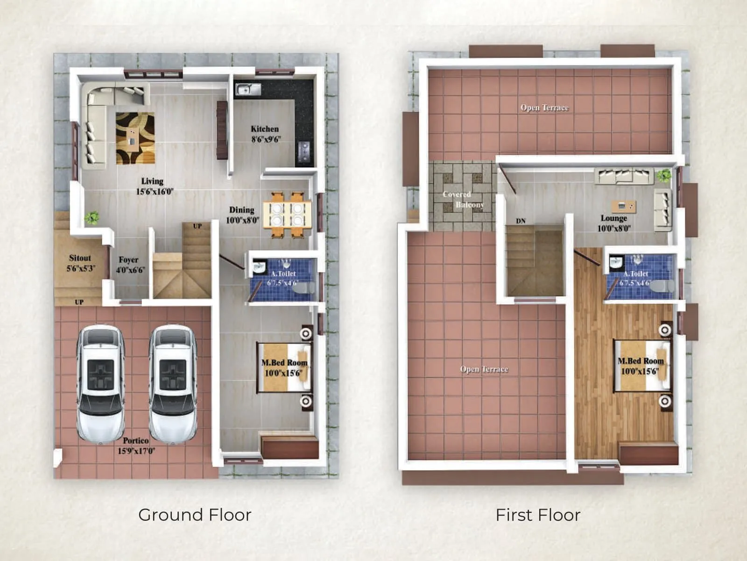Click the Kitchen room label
click(x=264, y=129)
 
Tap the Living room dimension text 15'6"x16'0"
click(x=155, y=192)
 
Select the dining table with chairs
click(x=287, y=215)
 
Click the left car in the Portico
click(x=100, y=383)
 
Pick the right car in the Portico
click(x=173, y=383)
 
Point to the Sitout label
click(x=80, y=258)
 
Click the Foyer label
click(x=128, y=260)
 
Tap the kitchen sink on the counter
click(x=248, y=89)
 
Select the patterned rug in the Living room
click(x=135, y=138)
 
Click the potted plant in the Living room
click(x=92, y=217)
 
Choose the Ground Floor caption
click(x=195, y=515)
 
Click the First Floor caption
click(x=538, y=515)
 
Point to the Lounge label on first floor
click(x=613, y=218)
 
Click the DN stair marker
click(x=521, y=221)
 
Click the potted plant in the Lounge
click(x=663, y=176)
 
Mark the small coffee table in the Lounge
click(x=624, y=206)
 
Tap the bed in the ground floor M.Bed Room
click(x=284, y=367)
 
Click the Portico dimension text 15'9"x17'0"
click(x=136, y=451)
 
